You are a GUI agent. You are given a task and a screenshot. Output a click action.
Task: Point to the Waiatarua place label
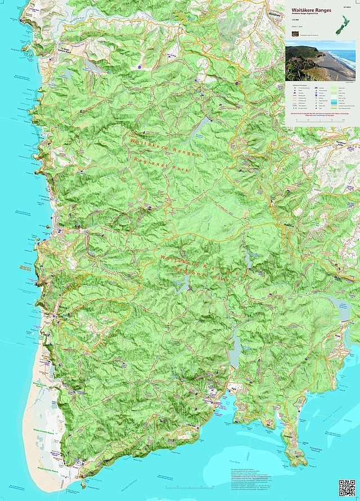(290, 225)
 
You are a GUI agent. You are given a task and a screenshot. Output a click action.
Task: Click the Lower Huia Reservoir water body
(236, 351)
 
